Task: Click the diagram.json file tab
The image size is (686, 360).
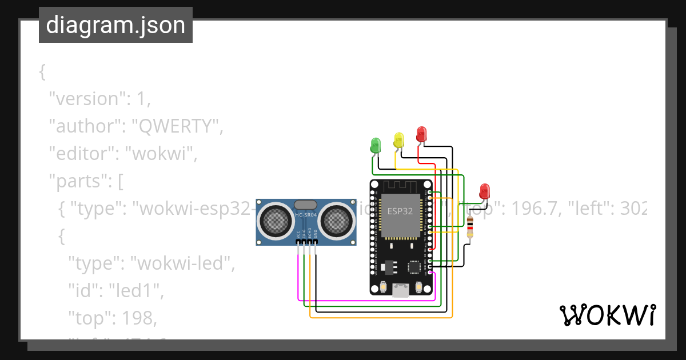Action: tap(115, 25)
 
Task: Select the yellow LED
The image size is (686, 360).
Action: tap(398, 139)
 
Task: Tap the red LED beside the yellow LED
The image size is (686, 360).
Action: tap(421, 134)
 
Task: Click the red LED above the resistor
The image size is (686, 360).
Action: tap(484, 190)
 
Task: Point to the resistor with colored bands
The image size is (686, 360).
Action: tap(470, 227)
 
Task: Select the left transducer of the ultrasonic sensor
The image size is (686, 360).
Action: tap(275, 220)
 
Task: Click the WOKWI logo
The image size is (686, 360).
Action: tap(607, 315)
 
